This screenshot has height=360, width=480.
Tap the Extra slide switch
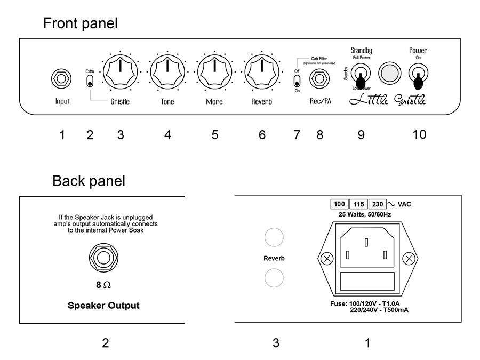[90, 82]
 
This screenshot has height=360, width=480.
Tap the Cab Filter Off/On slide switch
[297, 82]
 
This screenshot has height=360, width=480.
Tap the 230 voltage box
[378, 204]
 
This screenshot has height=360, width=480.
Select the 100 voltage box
[339, 204]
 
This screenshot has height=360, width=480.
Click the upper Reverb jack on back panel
[274, 238]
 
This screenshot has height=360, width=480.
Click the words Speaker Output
[103, 306]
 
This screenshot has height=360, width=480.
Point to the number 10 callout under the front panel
[419, 134]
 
